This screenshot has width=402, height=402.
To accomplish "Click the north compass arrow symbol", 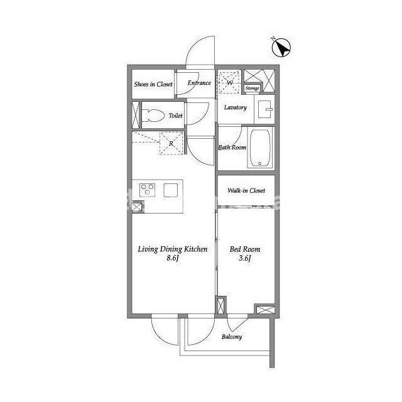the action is (x=281, y=48).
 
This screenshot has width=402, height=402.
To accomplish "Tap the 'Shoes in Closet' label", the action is (x=153, y=84).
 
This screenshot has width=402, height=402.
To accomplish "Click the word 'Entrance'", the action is (x=199, y=83).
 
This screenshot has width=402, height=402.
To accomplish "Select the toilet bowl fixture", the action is (x=153, y=116).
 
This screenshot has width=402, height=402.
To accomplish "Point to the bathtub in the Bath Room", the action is (x=260, y=148).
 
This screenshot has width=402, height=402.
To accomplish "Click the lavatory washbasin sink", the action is (x=265, y=109).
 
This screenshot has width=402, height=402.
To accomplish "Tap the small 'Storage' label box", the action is (x=253, y=88).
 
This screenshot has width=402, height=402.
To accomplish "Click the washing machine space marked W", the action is (x=229, y=82).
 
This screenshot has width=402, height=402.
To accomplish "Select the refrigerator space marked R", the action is (x=171, y=143).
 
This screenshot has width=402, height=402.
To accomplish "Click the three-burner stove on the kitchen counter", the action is (x=147, y=190).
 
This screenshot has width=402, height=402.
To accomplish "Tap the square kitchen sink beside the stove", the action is (x=171, y=190).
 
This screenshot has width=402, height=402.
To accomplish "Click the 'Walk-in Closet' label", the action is (x=246, y=190).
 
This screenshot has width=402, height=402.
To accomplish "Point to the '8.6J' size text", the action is (x=173, y=258).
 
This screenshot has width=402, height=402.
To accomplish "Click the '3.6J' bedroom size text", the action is (x=245, y=258).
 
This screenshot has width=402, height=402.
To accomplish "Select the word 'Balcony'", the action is (x=232, y=337).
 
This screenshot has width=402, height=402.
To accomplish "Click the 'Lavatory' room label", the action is (x=236, y=107).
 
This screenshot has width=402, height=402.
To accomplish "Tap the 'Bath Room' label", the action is (x=232, y=148).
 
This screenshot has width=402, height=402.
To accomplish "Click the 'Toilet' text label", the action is (x=176, y=116).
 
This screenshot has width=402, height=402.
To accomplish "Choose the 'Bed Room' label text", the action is (x=245, y=249).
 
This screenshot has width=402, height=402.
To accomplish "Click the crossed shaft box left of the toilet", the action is (x=136, y=115).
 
